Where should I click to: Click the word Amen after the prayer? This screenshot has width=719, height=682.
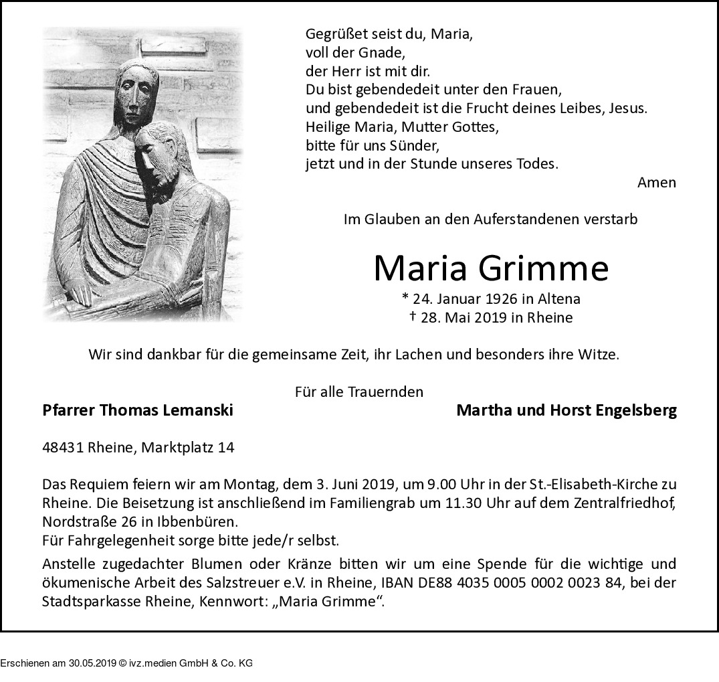point(656,183)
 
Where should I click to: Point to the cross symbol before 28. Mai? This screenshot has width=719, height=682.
point(413,317)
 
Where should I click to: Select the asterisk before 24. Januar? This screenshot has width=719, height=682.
point(405,298)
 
